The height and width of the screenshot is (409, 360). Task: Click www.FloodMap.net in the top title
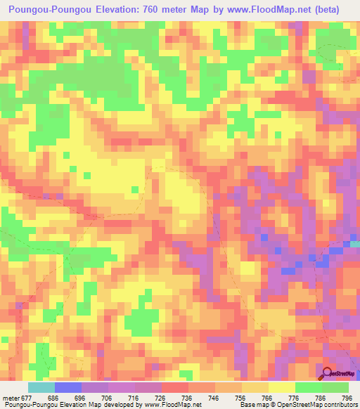pyautogui.click(x=271, y=10)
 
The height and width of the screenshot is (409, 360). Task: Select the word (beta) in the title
pyautogui.click(x=335, y=10)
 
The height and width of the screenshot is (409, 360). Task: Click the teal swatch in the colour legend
pyautogui.click(x=41, y=387)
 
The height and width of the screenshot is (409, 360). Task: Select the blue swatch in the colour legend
pyautogui.click(x=68, y=387)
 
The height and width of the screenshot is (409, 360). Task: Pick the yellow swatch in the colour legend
pyautogui.click(x=282, y=387)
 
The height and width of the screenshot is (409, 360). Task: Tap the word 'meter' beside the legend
pyautogui.click(x=12, y=398)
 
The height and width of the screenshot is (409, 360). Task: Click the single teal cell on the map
pyautogui.click(x=355, y=243)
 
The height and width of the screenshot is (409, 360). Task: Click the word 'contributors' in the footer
pyautogui.click(x=342, y=405)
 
